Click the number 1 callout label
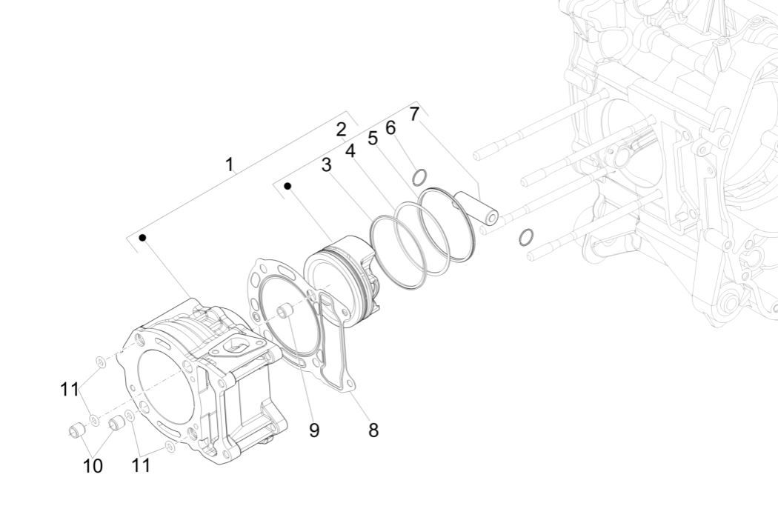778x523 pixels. tap(230, 164)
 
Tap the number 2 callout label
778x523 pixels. tap(341, 130)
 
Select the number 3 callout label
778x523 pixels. tap(326, 164)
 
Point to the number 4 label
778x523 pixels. tap(350, 150)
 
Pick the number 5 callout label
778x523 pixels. tap(373, 138)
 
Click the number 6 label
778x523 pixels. tap(390, 127)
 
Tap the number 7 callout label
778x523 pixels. tap(414, 114)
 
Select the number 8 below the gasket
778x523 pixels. tap(373, 430)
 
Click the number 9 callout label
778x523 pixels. tap(314, 430)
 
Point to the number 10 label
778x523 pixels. tap(94, 466)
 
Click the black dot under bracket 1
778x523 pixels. tap(142, 238)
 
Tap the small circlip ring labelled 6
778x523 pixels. tap(419, 177)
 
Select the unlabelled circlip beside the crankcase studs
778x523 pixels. tap(525, 237)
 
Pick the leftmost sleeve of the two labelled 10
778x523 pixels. tap(75, 431)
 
